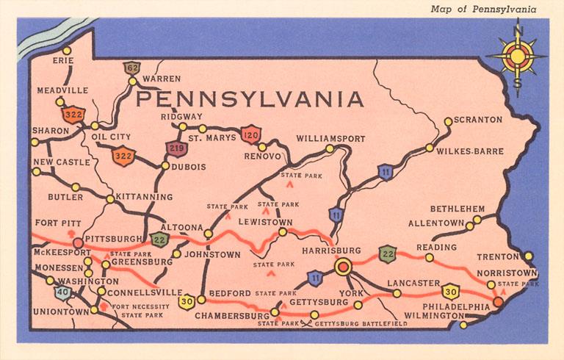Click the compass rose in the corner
click(519, 57)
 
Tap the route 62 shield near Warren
click(132, 68)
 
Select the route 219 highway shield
click(176, 148)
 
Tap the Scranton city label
click(478, 120)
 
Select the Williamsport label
click(330, 138)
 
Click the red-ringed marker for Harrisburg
click(342, 267)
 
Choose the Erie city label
click(64, 61)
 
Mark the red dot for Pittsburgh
click(77, 242)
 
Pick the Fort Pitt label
click(56, 223)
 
